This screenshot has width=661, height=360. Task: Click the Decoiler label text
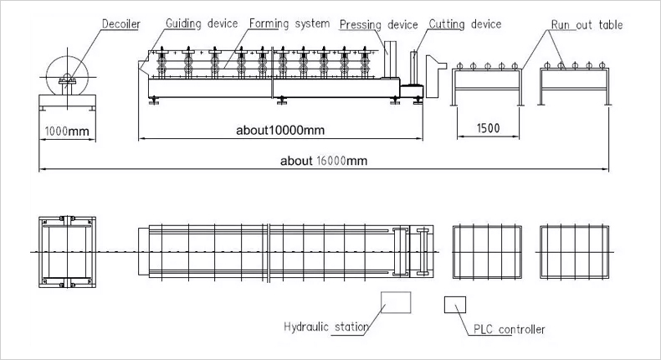pyautogui.click(x=121, y=23)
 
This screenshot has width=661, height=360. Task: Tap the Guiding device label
pyautogui.click(x=202, y=23)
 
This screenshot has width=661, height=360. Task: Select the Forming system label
pyautogui.click(x=290, y=23)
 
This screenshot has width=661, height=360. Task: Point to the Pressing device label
pyautogui.click(x=378, y=25)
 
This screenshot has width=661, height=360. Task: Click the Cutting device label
pyautogui.click(x=465, y=24)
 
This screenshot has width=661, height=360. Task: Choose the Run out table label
pyautogui.click(x=587, y=25)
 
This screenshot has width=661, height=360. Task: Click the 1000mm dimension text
pyautogui.click(x=67, y=131)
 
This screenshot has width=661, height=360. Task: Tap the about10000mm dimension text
pyautogui.click(x=280, y=130)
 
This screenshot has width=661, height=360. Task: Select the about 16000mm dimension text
pyautogui.click(x=324, y=161)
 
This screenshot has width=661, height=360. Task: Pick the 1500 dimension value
pyautogui.click(x=488, y=128)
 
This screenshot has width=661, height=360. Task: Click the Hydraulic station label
pyautogui.click(x=326, y=327)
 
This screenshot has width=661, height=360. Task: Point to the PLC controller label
pyautogui.click(x=509, y=329)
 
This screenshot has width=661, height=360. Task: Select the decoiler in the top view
pyautogui.click(x=68, y=252)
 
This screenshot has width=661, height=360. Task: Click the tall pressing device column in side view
pyautogui.click(x=391, y=59)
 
